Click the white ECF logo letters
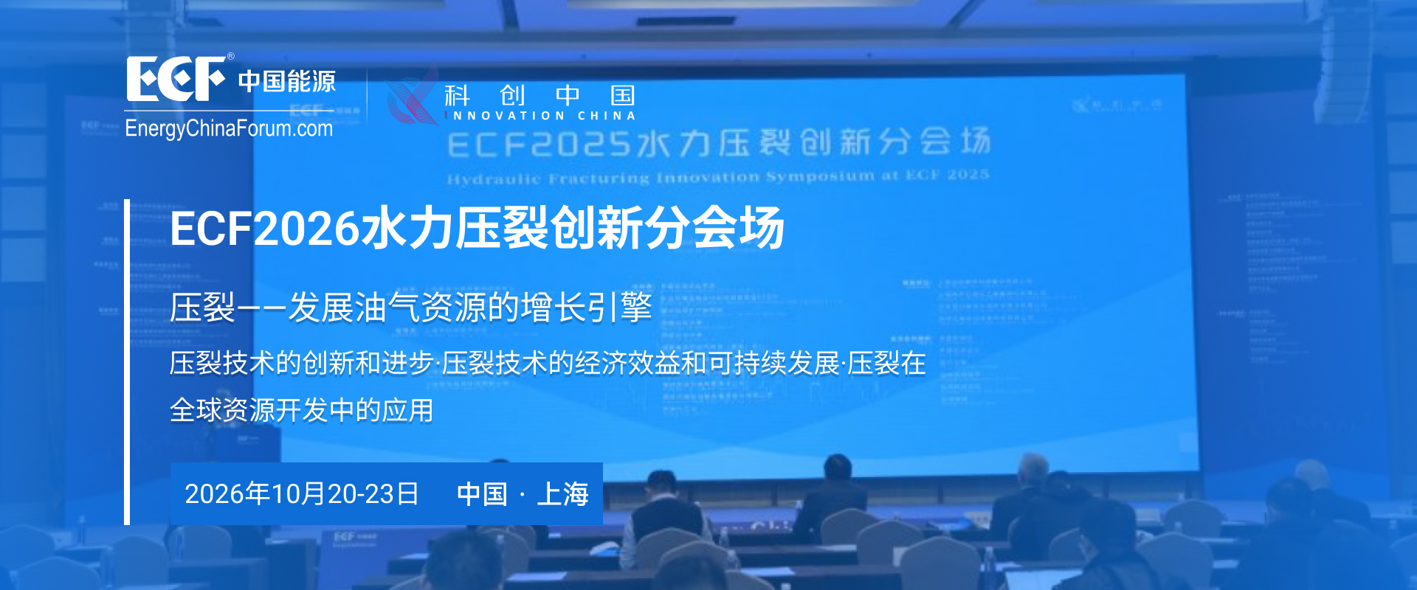176,79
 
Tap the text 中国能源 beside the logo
286,81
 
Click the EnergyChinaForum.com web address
229,128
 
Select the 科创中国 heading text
539,95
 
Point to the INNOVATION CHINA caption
543,116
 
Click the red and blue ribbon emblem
412,97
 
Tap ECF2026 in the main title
263,229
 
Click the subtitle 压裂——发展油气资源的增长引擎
410,308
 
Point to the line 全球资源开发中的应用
301,410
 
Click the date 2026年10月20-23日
301,494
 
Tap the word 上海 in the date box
562,494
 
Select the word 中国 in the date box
482,494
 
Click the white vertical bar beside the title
127,361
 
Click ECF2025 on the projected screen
539,145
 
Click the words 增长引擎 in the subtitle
587,308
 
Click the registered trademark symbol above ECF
230,56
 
